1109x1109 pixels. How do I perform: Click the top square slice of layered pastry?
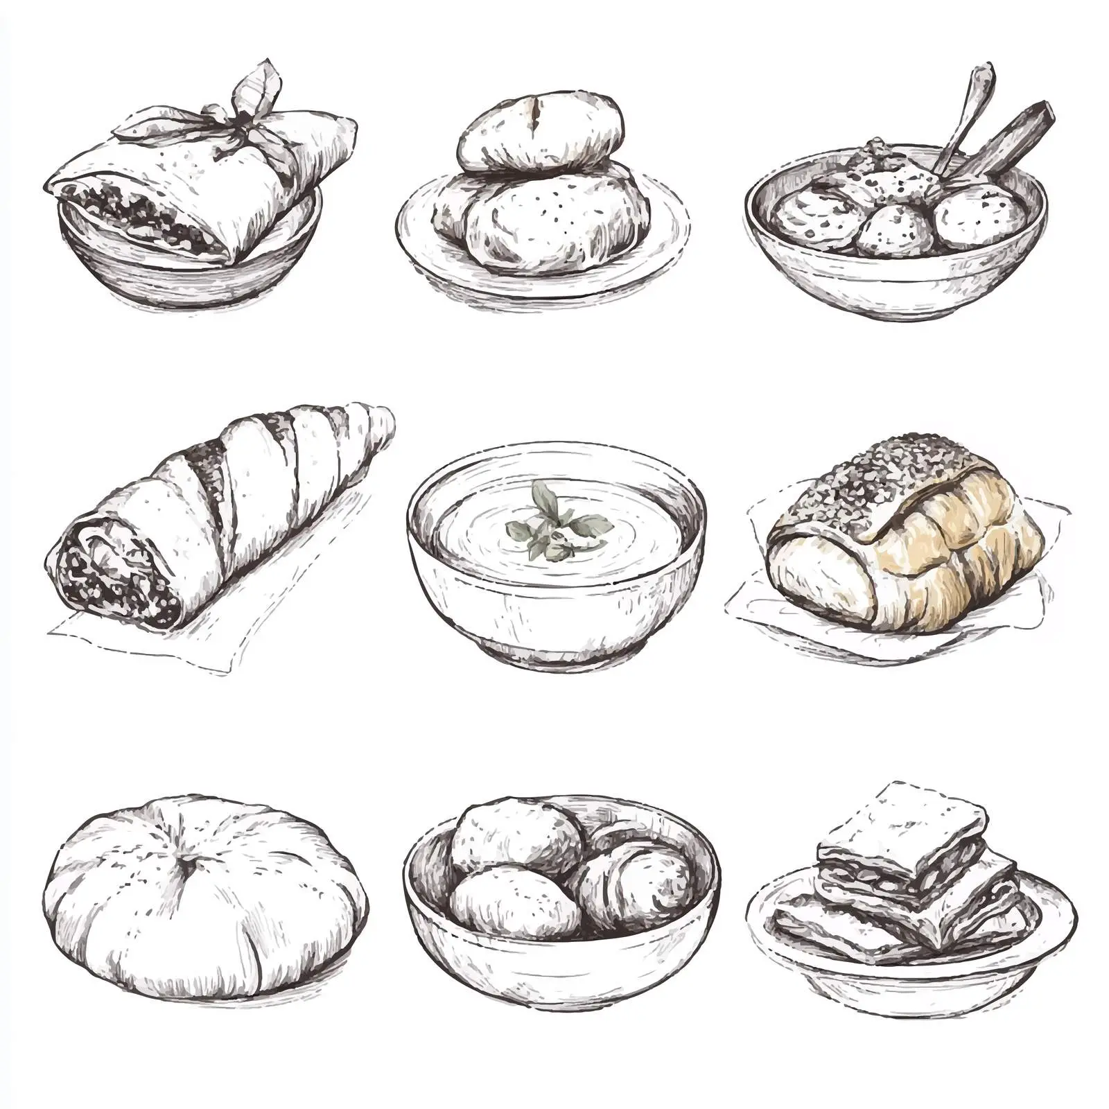(901, 825)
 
